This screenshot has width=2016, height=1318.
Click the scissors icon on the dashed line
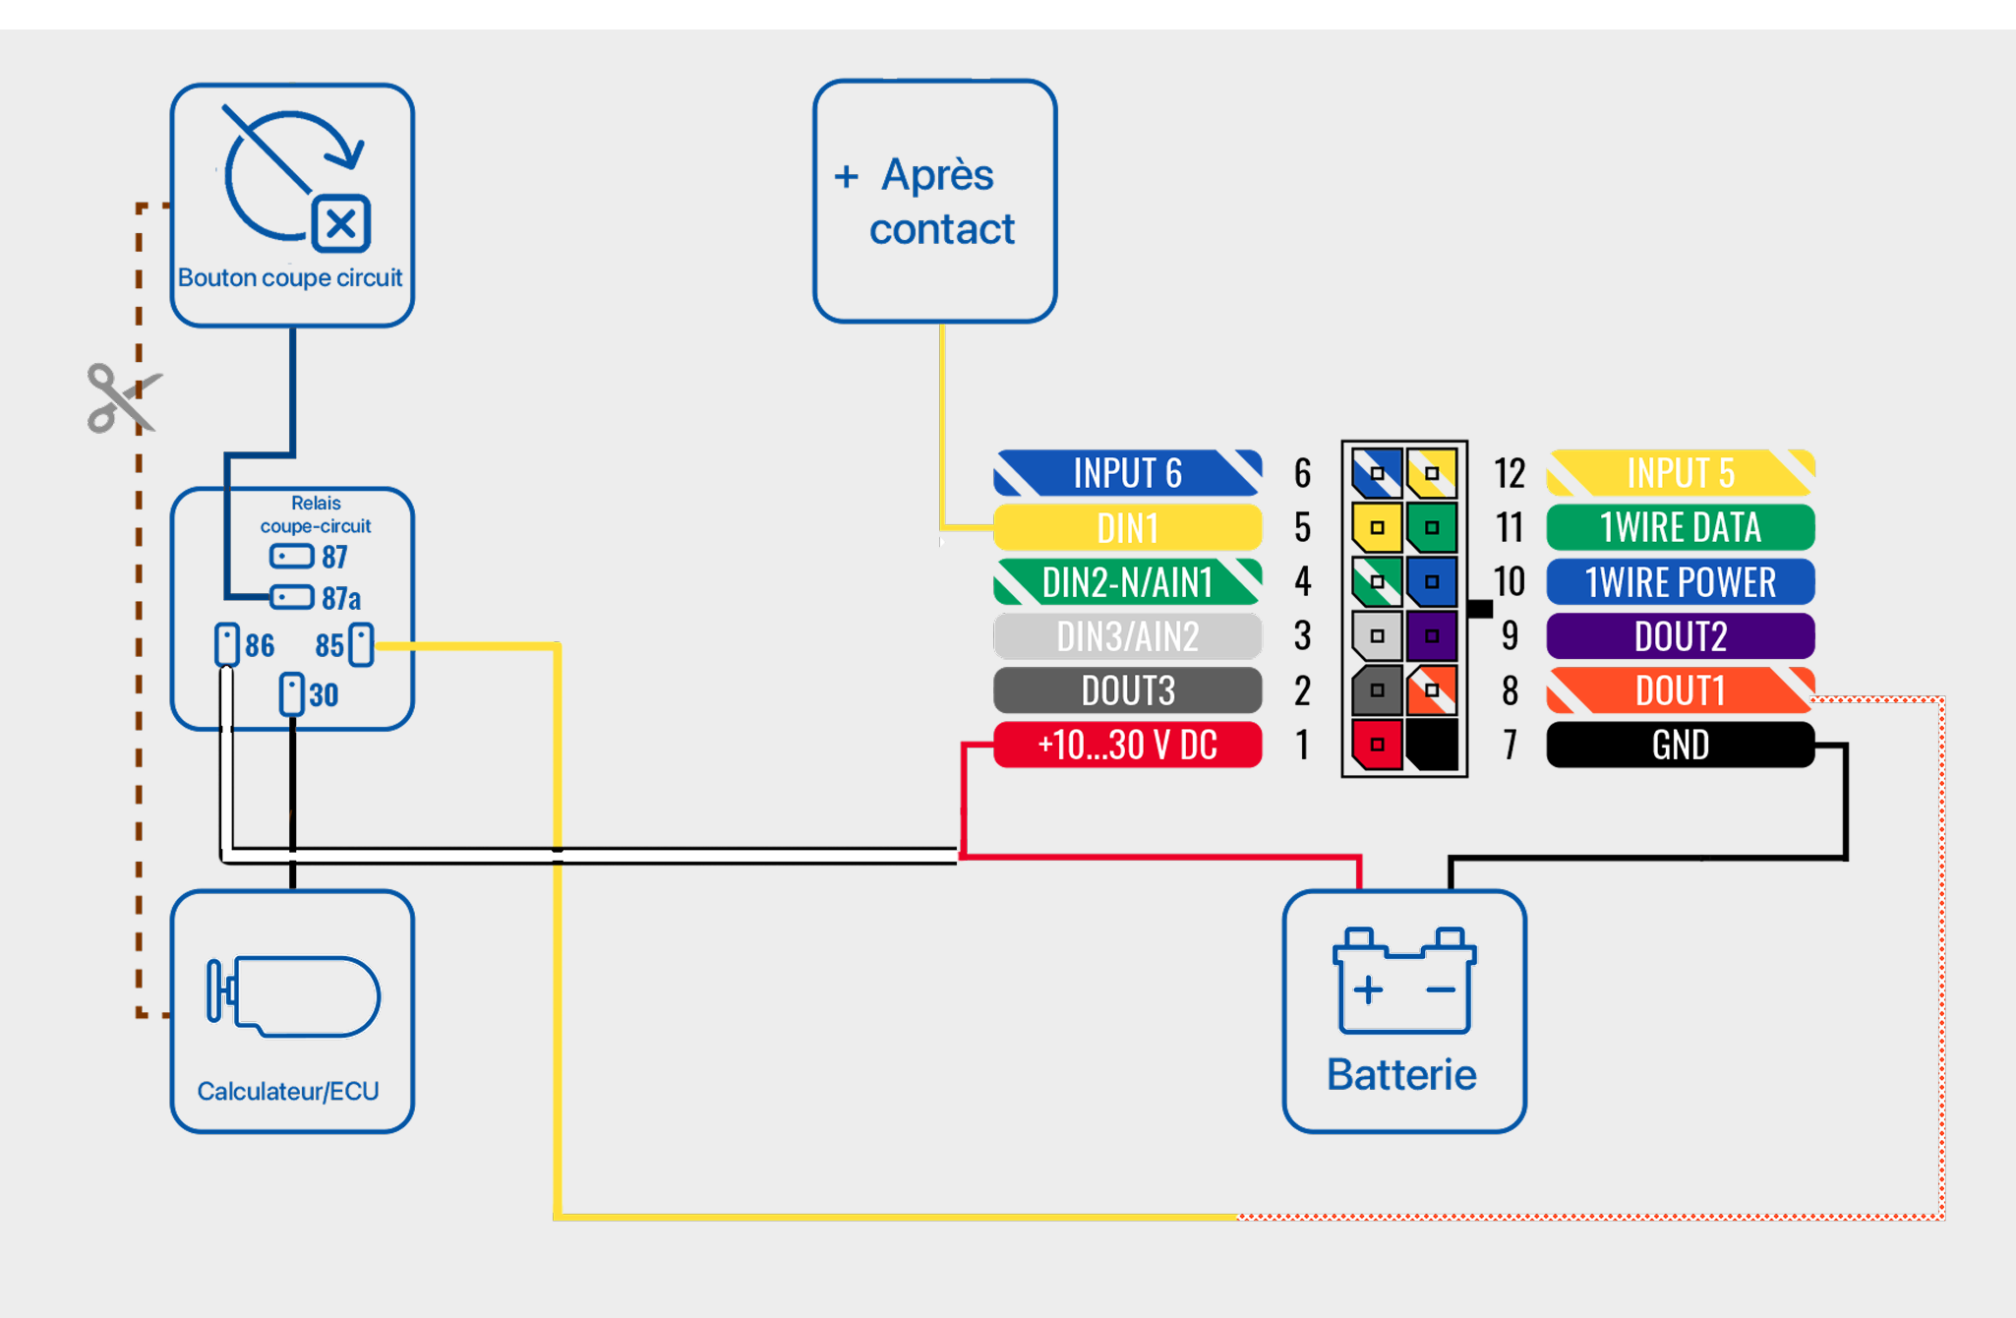coord(121,397)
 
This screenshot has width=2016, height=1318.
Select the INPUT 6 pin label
coord(1127,473)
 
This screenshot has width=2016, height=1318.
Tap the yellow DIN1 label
coord(1127,528)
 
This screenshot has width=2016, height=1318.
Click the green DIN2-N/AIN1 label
coord(1127,582)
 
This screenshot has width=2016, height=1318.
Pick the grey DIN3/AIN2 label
coord(1127,636)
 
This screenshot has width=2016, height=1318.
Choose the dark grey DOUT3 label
coord(1127,690)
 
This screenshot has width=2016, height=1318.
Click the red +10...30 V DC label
coord(1127,745)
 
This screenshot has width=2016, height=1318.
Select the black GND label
coord(1680,745)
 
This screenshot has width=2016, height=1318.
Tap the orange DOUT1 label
coord(1680,690)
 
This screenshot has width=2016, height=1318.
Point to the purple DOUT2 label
coord(1680,636)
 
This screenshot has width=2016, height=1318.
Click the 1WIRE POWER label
coord(1680,582)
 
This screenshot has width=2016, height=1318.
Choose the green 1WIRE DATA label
coord(1680,528)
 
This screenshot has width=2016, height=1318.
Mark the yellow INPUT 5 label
coord(1680,473)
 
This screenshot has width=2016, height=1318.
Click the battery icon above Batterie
coord(1403,981)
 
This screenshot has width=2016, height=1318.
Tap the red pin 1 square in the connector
coord(1377,745)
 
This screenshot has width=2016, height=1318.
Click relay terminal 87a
coord(292,597)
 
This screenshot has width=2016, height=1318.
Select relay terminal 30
coord(291,693)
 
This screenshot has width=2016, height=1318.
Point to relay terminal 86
coord(227,644)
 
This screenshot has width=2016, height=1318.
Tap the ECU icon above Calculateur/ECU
coord(293,995)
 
